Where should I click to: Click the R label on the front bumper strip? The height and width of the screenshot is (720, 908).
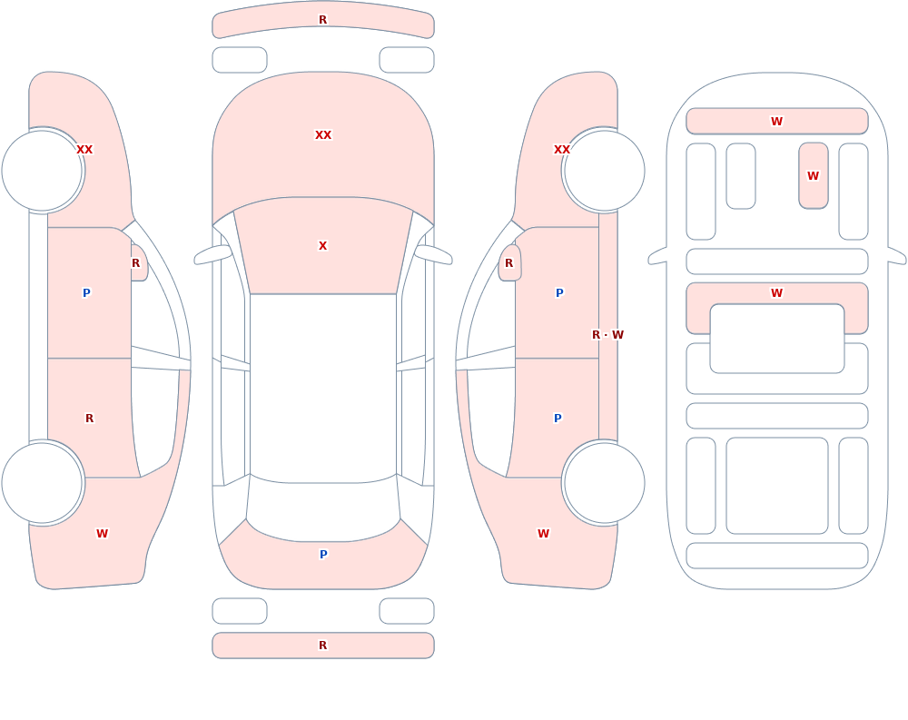[322, 20]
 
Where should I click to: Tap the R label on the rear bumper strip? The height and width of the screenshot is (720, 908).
[322, 646]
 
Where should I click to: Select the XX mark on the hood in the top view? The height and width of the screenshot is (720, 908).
[323, 135]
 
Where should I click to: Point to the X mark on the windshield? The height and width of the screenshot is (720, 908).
[322, 246]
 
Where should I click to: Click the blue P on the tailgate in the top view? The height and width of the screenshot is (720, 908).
[323, 555]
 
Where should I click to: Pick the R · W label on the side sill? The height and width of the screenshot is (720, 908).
[607, 335]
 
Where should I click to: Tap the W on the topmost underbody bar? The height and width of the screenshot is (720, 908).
[776, 121]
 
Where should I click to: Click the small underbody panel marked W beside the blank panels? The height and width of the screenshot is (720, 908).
[813, 175]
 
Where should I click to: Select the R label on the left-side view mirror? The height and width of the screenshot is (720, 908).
[135, 263]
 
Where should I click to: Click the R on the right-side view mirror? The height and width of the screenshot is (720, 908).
[508, 263]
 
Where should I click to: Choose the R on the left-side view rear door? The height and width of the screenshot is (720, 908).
[89, 419]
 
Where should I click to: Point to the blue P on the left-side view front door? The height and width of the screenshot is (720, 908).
[86, 293]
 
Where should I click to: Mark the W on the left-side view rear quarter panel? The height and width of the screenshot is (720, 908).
[102, 534]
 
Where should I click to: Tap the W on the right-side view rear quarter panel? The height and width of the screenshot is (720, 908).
[543, 534]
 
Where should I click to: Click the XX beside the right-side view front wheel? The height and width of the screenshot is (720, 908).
[562, 150]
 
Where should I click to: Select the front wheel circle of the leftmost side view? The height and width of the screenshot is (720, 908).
[43, 171]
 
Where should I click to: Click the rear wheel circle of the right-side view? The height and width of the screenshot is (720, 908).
[604, 483]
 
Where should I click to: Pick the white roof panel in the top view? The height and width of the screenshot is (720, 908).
[323, 388]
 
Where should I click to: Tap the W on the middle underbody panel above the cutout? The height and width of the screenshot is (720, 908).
[776, 293]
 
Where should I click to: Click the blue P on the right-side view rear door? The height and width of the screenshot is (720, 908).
[558, 419]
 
